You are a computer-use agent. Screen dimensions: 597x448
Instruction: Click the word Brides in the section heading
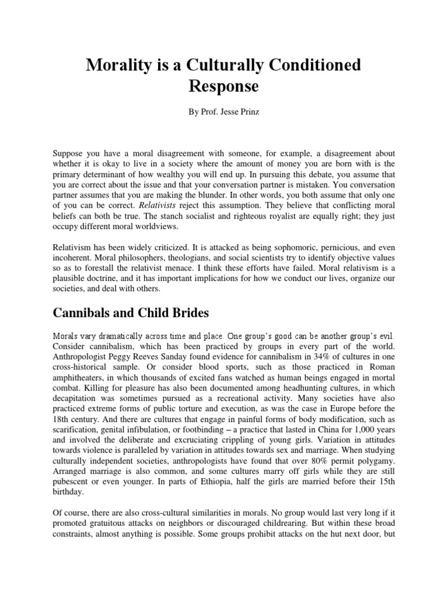[184, 312]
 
